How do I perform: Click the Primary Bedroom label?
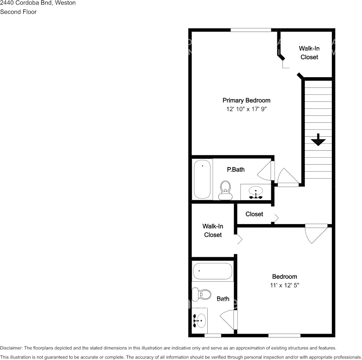tap(246, 100)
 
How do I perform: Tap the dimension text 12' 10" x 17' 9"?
tap(246, 109)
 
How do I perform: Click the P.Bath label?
tap(235, 169)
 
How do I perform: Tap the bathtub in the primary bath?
tap(202, 179)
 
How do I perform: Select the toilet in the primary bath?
tap(225, 189)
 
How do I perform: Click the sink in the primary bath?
tap(256, 191)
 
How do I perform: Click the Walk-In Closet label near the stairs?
tap(309, 53)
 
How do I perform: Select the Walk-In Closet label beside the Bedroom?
tap(213, 230)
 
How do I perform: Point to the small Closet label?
tap(254, 214)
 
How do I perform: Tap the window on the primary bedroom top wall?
tap(251, 30)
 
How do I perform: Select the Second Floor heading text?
tap(18, 12)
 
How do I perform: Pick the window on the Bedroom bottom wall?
tap(284, 335)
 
